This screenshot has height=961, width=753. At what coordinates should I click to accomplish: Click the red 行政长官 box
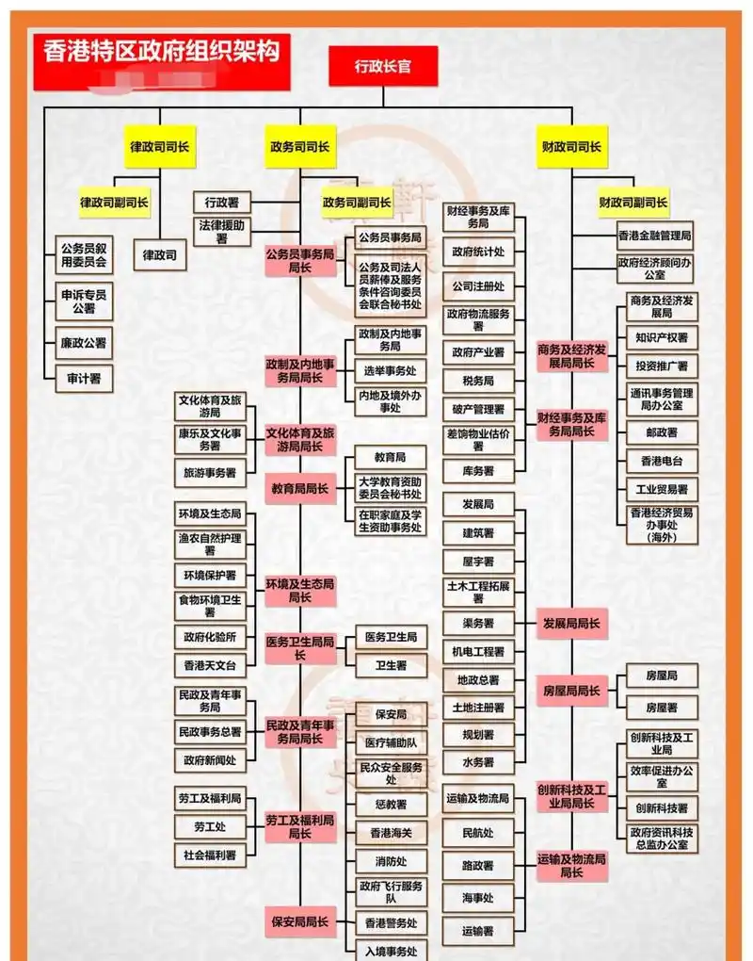click(382, 66)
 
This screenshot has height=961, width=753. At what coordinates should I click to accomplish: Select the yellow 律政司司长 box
click(159, 147)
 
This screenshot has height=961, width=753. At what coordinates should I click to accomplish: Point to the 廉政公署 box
click(84, 343)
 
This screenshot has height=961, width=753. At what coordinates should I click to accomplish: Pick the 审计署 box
click(84, 379)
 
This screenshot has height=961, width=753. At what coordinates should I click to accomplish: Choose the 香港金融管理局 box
click(655, 235)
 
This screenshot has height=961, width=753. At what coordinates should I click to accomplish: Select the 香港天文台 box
click(210, 665)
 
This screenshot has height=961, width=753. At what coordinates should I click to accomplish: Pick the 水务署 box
click(479, 761)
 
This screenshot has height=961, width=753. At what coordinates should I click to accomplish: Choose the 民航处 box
click(479, 833)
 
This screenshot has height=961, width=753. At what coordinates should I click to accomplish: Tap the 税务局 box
click(479, 381)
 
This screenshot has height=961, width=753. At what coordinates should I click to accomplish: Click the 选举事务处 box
click(391, 370)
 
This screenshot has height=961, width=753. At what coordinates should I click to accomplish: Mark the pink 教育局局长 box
click(300, 488)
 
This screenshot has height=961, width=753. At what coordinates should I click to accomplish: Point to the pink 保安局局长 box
click(300, 921)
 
